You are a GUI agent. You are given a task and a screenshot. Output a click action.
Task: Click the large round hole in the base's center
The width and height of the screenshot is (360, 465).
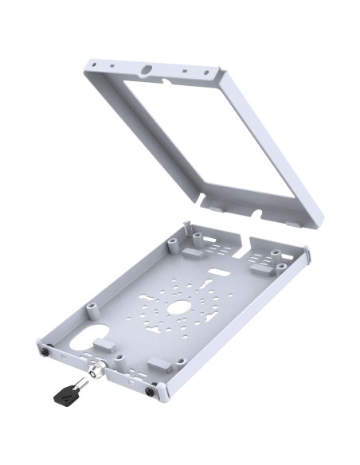coord(178,307)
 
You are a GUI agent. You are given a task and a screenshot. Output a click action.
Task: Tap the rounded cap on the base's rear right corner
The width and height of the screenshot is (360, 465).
coord(305,253)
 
